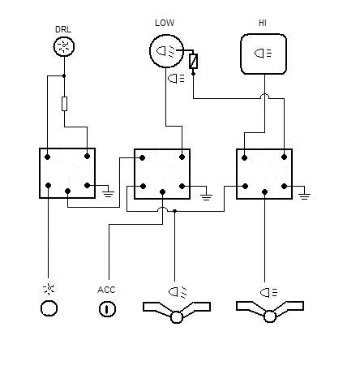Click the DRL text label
coord(63,29)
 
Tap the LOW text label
coord(165,23)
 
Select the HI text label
coord(263,23)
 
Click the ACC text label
coord(106,290)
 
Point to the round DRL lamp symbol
coord(64,46)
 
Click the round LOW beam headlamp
coord(166,51)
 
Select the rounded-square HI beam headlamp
coord(264,54)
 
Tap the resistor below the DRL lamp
coord(64,104)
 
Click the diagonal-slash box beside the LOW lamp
coord(193,61)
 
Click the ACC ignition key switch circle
coord(107,309)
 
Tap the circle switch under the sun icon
coord(49,308)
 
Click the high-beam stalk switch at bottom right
coord(270,312)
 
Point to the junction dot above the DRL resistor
coord(64,76)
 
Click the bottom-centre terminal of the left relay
coord(68,191)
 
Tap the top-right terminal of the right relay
coord(284,157)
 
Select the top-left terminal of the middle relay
coord(142,158)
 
